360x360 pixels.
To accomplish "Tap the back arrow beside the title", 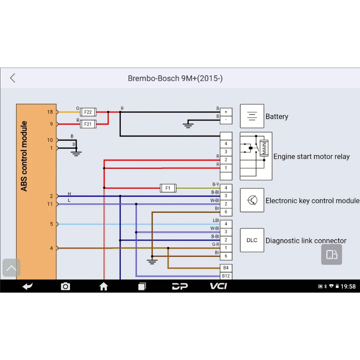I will click(x=13, y=78).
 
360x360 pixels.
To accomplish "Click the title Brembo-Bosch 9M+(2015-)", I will click(x=175, y=78).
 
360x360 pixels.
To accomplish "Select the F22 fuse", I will click(x=88, y=112).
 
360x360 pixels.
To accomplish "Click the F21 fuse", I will click(x=88, y=124).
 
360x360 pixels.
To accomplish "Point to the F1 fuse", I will click(x=168, y=188).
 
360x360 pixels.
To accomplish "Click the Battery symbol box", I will click(x=252, y=116).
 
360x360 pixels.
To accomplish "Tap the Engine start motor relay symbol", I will click(x=256, y=156).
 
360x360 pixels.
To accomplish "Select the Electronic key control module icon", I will click(x=252, y=200).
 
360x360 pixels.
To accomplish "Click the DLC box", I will click(x=252, y=240).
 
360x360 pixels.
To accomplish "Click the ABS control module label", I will click(x=24, y=156).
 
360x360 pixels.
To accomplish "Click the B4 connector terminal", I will click(x=226, y=268).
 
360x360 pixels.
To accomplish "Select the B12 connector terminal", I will click(x=226, y=276).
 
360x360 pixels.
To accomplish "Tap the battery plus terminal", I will click(x=226, y=112).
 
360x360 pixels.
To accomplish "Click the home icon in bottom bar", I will click(x=104, y=286).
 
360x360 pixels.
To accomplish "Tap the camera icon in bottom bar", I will click(x=65, y=286).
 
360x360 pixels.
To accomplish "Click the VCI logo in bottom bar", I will click(x=218, y=286).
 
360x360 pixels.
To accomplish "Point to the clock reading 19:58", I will click(x=348, y=286).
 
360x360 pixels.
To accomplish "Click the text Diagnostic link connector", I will click(x=306, y=240).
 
